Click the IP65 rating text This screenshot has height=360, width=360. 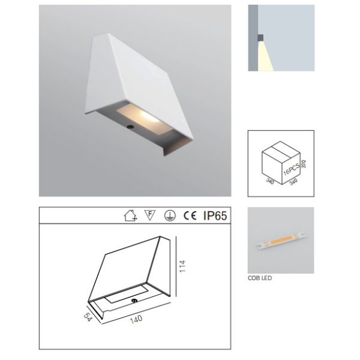coord(214,215)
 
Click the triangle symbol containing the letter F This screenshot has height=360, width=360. coord(151,215)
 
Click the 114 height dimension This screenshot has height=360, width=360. coord(184,265)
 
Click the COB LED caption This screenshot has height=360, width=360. coord(259,278)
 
